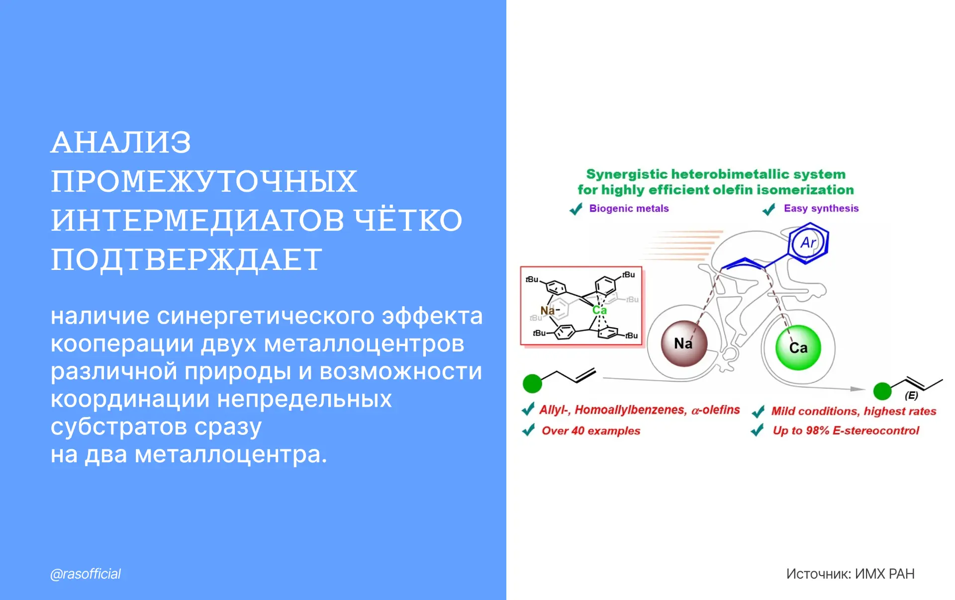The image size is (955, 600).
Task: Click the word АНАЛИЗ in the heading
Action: pos(121,143)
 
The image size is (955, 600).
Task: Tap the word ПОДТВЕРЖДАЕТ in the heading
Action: pos(187,260)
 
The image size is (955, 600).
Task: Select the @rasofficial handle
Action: pos(86,574)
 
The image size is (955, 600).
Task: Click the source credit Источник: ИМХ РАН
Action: pos(850,574)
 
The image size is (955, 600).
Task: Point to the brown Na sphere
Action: pos(684,343)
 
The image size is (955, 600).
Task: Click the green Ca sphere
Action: pos(798,347)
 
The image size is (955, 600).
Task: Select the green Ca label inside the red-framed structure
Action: pos(599,310)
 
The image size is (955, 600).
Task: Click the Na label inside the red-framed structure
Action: pos(548,311)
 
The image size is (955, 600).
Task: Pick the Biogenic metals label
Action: pos(629,208)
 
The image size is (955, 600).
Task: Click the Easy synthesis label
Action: pos(821,208)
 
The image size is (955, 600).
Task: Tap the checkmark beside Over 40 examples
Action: pos(528,429)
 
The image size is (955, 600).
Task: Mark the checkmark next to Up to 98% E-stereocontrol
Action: pos(757,429)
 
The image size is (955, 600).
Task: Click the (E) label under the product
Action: pos(911,396)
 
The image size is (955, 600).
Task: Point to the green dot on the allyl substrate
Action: pos(532,384)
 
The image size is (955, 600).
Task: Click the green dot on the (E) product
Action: pos(882,391)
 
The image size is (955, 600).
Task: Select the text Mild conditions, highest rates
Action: pos(854,411)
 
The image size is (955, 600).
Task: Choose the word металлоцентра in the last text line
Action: pos(231,454)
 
